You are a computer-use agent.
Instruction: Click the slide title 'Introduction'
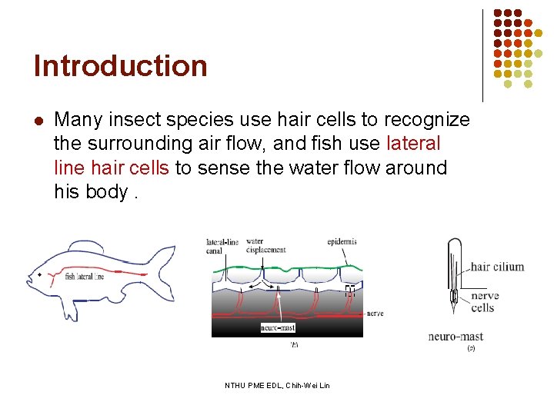click(121, 66)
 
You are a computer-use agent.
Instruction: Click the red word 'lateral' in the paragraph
click(413, 144)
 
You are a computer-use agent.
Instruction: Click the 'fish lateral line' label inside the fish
click(84, 277)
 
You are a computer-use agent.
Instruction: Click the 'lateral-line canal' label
click(222, 245)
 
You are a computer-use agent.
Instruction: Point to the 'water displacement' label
click(266, 245)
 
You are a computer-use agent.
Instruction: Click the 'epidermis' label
click(342, 241)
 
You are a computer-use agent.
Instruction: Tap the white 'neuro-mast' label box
click(278, 327)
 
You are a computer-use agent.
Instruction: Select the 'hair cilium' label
click(497, 267)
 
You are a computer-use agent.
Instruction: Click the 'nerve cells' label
click(484, 301)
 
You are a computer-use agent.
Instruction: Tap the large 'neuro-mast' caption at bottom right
click(456, 337)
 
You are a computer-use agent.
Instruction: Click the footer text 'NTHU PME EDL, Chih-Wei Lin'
click(277, 385)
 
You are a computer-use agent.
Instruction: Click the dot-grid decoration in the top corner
click(518, 45)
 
